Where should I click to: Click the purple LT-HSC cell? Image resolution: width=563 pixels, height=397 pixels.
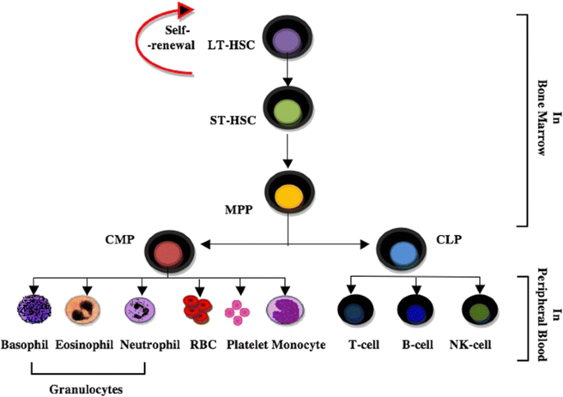coord(287,41)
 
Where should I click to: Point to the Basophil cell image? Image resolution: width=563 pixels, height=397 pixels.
coord(35,311)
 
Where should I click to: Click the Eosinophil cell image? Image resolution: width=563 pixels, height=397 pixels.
coord(86,311)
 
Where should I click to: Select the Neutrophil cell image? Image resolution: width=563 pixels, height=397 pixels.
coord(141,312)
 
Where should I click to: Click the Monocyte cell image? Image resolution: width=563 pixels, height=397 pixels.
coord(284,311)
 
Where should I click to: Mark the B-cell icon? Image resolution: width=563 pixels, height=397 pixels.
coord(417,312)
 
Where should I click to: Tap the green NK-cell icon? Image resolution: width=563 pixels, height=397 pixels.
coord(478,312)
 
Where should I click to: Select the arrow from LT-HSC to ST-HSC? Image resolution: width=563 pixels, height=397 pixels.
coord(287,76)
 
